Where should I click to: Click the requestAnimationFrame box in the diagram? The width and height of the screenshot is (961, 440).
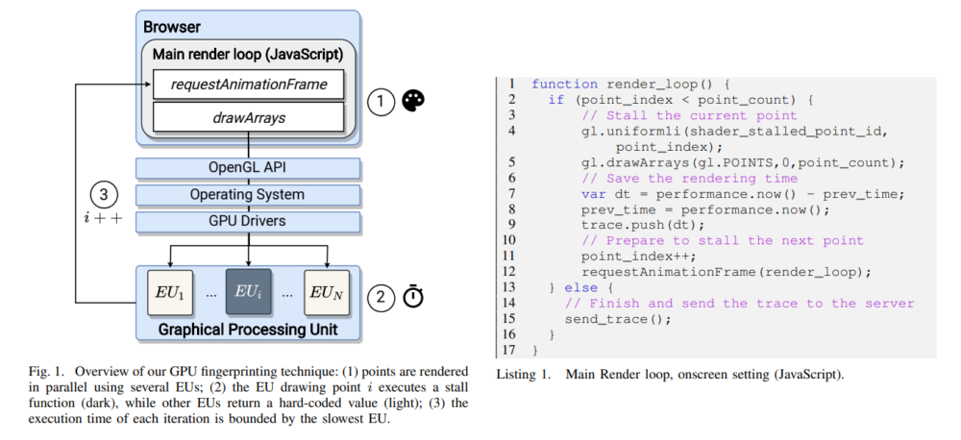pyautogui.click(x=248, y=85)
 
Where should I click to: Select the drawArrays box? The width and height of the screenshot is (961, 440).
pyautogui.click(x=248, y=117)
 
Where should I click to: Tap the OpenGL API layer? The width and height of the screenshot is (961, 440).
pyautogui.click(x=248, y=168)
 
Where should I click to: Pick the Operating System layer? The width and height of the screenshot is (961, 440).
pyautogui.click(x=248, y=195)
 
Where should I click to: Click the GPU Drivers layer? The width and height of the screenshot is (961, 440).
pyautogui.click(x=248, y=221)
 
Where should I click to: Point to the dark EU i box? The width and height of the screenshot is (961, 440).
pyautogui.click(x=248, y=293)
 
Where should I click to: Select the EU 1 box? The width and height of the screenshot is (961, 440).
pyautogui.click(x=170, y=293)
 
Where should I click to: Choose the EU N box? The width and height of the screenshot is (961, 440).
pyautogui.click(x=327, y=293)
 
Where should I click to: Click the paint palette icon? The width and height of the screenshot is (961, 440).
pyautogui.click(x=413, y=101)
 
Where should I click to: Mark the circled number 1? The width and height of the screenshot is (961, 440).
pyautogui.click(x=381, y=102)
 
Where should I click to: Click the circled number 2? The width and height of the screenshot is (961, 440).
pyautogui.click(x=381, y=298)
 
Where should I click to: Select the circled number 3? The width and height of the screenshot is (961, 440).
pyautogui.click(x=104, y=195)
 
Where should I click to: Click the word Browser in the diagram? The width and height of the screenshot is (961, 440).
pyautogui.click(x=172, y=28)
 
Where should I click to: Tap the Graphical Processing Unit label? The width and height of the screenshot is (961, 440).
pyautogui.click(x=248, y=330)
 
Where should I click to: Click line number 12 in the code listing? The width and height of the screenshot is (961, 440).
pyautogui.click(x=509, y=271)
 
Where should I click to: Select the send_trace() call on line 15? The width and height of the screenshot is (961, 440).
pyautogui.click(x=618, y=319)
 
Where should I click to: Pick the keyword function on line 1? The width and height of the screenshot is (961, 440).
pyautogui.click(x=564, y=85)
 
